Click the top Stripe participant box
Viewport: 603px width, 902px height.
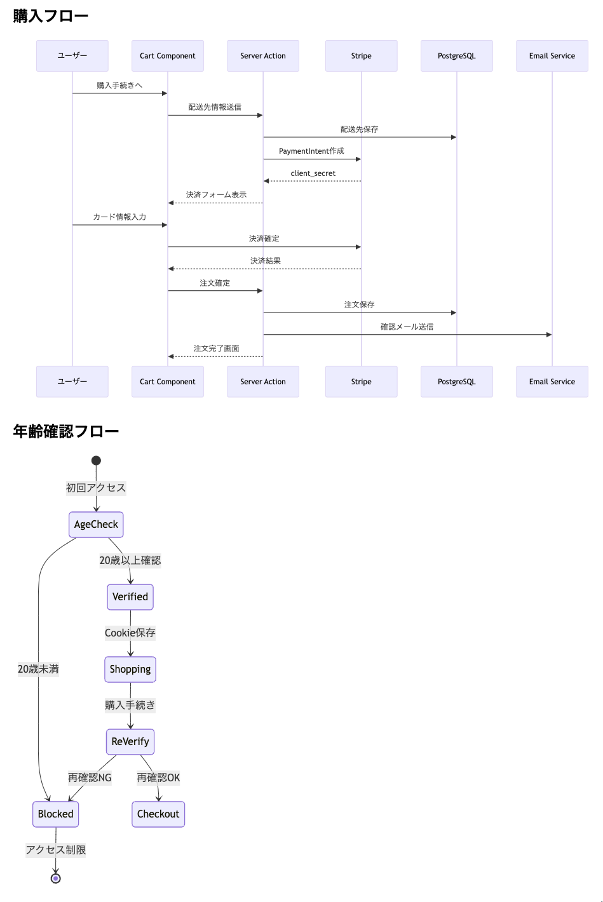pos(361,56)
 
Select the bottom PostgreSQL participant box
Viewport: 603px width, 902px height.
pos(456,382)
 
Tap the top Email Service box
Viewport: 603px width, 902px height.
pos(552,56)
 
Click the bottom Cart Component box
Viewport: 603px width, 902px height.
pos(168,382)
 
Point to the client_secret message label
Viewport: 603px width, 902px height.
pos(313,173)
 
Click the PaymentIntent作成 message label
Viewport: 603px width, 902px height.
pos(311,151)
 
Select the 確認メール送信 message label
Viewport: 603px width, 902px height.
pos(407,326)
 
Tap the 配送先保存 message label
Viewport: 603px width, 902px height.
pos(359,130)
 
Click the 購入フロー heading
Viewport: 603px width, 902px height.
pos(51,17)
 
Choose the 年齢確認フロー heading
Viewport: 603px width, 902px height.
pos(66,432)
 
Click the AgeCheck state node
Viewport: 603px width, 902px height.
pos(96,525)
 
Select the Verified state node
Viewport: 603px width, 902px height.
pos(130,597)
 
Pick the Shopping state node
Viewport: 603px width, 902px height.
pos(130,670)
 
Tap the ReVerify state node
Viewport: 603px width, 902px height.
pos(130,742)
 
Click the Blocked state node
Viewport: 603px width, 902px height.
pos(56,814)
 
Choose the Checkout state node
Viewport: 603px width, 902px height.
pos(158,814)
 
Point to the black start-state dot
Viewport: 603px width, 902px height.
pos(96,461)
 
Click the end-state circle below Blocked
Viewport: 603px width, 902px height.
pos(56,878)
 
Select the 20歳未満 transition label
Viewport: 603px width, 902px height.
pos(38,670)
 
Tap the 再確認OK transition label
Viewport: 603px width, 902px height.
pos(158,778)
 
